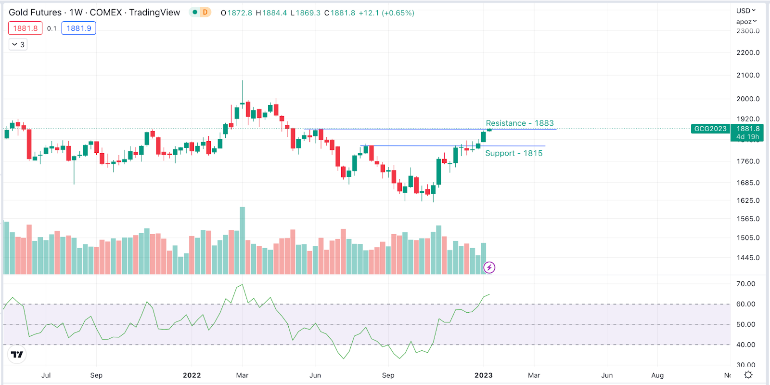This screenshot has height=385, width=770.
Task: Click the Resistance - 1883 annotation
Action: (x=519, y=123)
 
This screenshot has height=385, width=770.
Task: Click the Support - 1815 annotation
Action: (x=513, y=153)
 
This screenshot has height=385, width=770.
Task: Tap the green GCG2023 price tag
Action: (x=710, y=129)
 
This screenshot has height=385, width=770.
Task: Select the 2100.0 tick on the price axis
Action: (x=748, y=75)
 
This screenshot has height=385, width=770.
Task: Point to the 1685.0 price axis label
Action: (x=748, y=183)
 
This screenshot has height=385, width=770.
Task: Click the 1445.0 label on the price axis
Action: (x=748, y=258)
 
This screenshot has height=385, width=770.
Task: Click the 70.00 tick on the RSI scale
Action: (x=745, y=284)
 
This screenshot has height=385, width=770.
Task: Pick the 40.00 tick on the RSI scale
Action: (x=745, y=345)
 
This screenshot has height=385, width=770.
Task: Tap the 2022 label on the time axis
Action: (x=192, y=375)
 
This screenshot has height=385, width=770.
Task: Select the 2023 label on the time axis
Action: (x=483, y=375)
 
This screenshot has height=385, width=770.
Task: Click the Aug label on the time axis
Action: (x=657, y=375)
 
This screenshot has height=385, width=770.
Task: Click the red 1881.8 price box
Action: (x=26, y=28)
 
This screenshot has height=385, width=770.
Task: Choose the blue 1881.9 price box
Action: (x=79, y=28)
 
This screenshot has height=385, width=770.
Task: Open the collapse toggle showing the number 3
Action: (x=18, y=45)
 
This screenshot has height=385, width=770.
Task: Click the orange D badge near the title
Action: (x=205, y=13)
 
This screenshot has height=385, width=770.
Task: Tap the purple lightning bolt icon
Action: (x=489, y=267)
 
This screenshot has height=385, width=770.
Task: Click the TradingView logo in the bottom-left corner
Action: (x=17, y=355)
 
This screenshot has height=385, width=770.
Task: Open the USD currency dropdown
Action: (x=745, y=11)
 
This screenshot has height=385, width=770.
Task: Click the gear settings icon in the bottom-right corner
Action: (x=748, y=375)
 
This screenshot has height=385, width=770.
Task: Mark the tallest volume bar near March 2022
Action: (x=243, y=241)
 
